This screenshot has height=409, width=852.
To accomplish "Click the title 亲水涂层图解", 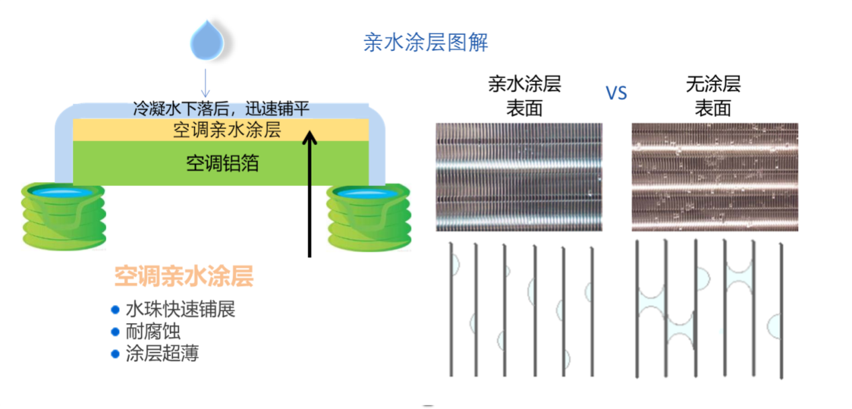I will (x=425, y=42).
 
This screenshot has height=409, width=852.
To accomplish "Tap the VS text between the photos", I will (x=616, y=93).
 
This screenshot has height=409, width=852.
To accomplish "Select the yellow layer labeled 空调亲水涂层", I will (x=222, y=130).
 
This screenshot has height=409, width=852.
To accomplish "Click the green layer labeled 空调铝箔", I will (x=222, y=163).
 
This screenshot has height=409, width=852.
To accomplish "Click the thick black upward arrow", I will (x=310, y=195).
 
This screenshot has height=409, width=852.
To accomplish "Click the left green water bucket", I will (x=63, y=215).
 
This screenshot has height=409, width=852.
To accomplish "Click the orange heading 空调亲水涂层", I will (x=184, y=277).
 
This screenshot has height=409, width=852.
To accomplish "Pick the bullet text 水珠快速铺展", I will (x=180, y=310).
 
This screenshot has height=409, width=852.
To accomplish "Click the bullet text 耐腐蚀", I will (x=153, y=332).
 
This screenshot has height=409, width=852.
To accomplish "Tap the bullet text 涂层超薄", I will (x=162, y=353).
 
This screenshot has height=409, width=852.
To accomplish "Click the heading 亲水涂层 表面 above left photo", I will (x=524, y=95).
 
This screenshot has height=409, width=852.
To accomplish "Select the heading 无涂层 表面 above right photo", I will (x=712, y=95).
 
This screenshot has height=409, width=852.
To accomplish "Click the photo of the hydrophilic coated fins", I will (x=518, y=177).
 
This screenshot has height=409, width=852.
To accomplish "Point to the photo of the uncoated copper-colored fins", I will (x=714, y=177).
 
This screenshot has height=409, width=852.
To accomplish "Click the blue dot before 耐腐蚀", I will (x=115, y=332).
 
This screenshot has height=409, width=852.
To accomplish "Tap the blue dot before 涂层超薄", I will (x=115, y=353).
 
